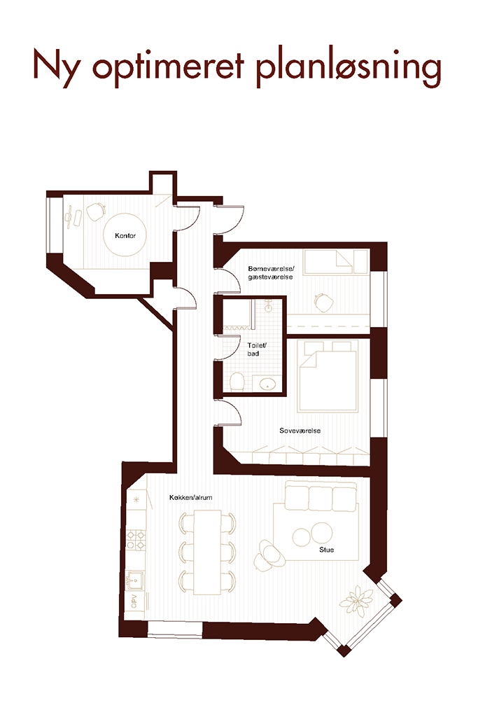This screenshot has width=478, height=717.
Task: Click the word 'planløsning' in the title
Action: pyautogui.click(x=349, y=69)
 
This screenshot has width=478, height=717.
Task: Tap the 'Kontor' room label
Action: pyautogui.click(x=125, y=236)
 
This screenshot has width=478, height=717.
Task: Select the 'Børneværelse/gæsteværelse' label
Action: pyautogui.click(x=271, y=272)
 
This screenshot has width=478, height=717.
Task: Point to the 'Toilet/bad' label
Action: pyautogui.click(x=256, y=349)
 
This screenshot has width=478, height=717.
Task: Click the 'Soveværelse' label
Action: pyautogui.click(x=300, y=431)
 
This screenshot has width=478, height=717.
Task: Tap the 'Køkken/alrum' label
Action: pyautogui.click(x=190, y=498)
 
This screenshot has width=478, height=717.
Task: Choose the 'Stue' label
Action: pyautogui.click(x=326, y=550)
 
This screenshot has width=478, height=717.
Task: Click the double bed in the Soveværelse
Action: pyautogui.click(x=328, y=376)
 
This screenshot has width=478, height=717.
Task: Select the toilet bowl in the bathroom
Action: pyautogui.click(x=237, y=382)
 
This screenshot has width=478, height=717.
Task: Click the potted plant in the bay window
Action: pyautogui.click(x=357, y=601)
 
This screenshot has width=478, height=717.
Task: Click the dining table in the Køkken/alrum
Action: pyautogui.click(x=207, y=552)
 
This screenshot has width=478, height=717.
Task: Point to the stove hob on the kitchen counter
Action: pyautogui.click(x=136, y=539)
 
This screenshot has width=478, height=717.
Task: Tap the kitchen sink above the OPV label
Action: pyautogui.click(x=135, y=580)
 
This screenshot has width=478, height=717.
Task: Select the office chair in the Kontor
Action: pyautogui.click(x=95, y=211)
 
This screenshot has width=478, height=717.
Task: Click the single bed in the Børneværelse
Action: pyautogui.click(x=337, y=262)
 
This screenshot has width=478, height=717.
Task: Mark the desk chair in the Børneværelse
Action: pyautogui.click(x=323, y=302)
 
